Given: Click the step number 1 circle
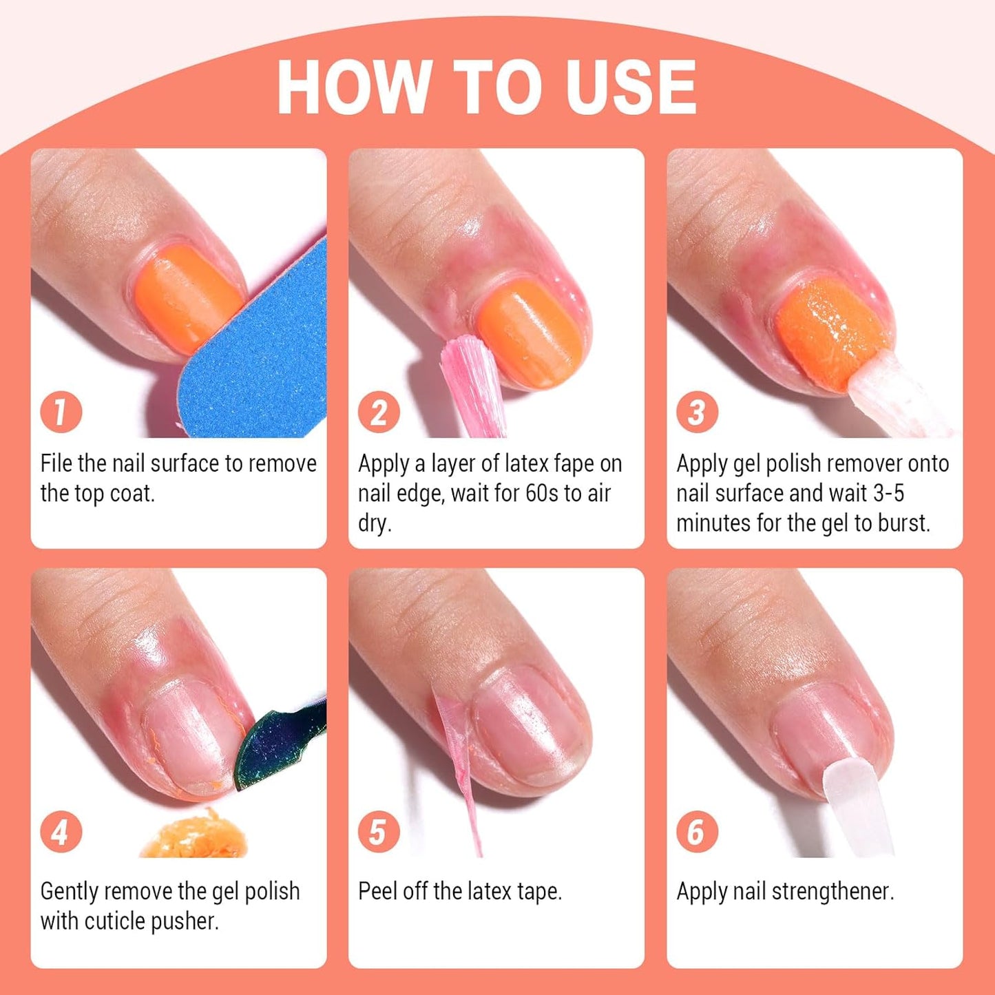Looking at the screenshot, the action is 61,412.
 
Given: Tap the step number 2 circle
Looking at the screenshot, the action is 379,412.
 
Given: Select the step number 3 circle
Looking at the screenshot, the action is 697,412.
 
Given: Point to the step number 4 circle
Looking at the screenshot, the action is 61,832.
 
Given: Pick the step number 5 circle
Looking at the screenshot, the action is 379,832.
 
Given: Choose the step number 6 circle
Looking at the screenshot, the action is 697,832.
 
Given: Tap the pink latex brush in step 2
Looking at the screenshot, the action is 472,385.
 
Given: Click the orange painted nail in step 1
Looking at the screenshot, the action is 189,300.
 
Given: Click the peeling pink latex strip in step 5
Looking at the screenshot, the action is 457,764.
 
